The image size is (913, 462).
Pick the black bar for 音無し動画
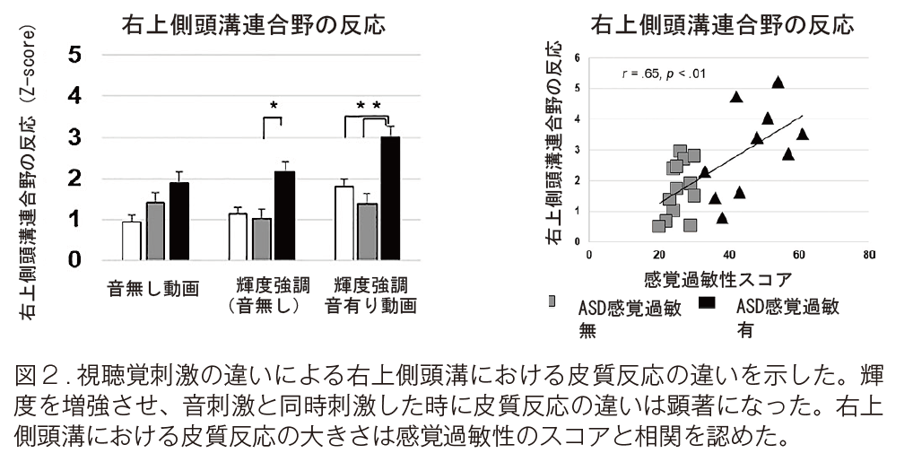click(179, 221)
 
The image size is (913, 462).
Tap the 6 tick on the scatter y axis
click(577, 57)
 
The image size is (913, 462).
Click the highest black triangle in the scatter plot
click(778, 82)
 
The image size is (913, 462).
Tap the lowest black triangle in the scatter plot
click(722, 217)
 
